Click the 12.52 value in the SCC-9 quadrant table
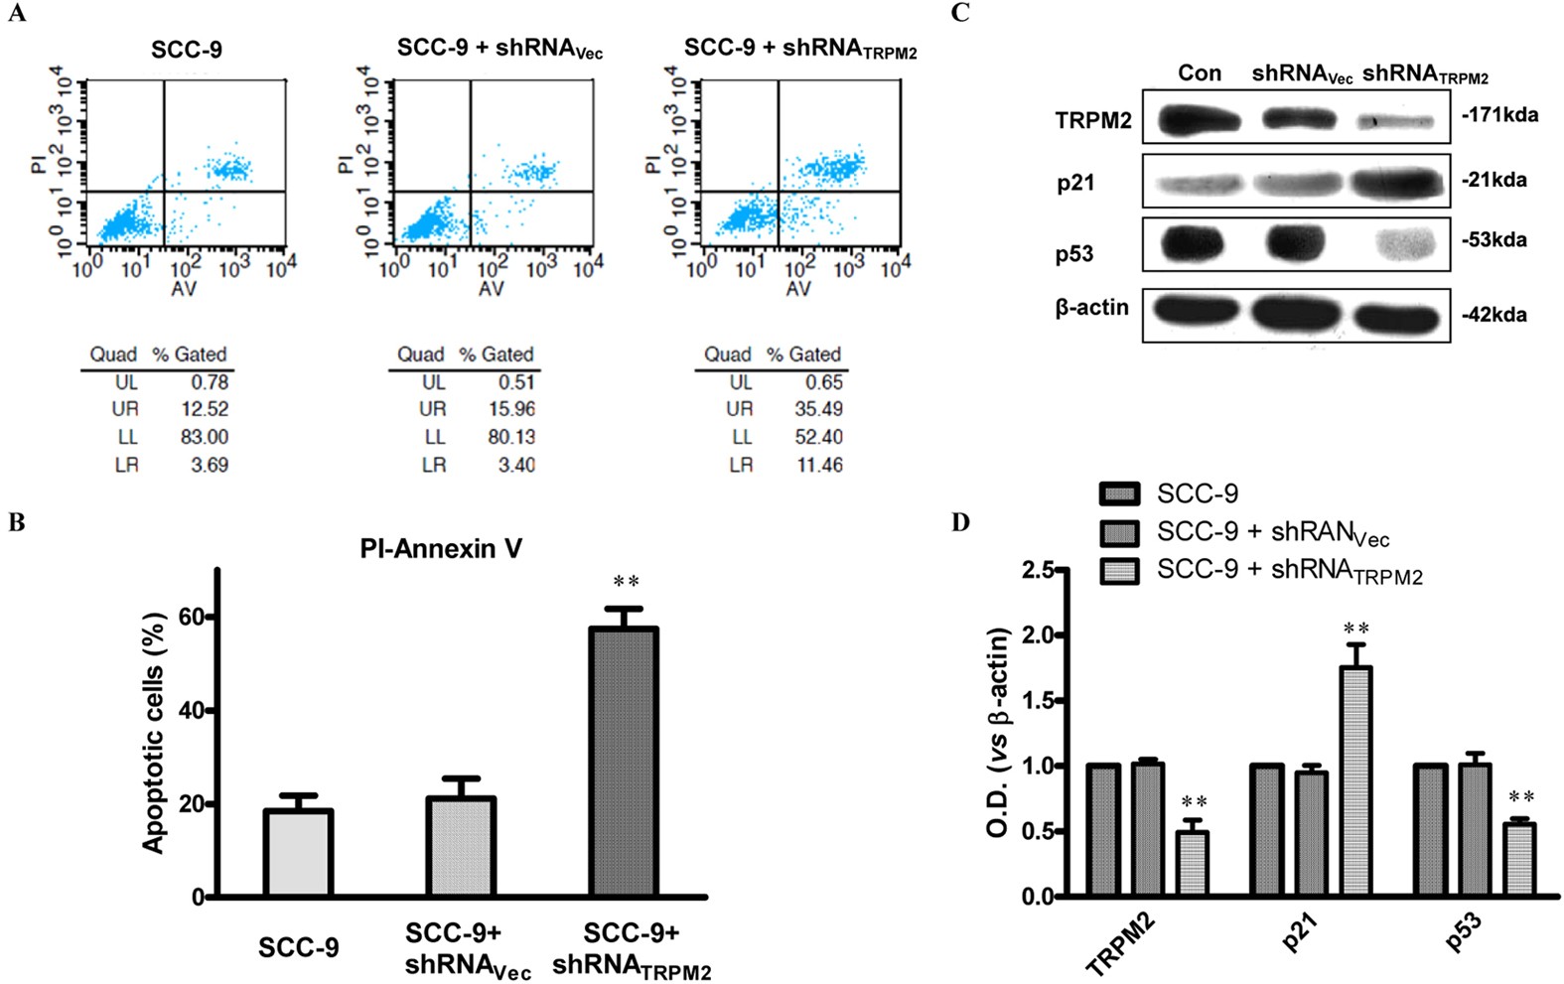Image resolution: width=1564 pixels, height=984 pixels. coord(210,409)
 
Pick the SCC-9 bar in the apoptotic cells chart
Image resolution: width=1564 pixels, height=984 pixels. coord(298,854)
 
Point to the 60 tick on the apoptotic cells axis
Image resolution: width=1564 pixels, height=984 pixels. coord(191,617)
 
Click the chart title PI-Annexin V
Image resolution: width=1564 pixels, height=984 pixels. coord(440,549)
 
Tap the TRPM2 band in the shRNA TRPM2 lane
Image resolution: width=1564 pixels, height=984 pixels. coord(1396,122)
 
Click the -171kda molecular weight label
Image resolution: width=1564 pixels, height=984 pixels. coord(1499,115)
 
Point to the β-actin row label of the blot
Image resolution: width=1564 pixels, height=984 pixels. coord(1091,308)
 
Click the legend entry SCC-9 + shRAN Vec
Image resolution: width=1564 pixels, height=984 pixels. coord(1272,533)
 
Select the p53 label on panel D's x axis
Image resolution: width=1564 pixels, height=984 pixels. coord(1464,932)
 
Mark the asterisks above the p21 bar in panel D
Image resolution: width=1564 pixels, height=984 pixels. coord(1355,629)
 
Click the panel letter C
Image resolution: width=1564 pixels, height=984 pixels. coord(959,13)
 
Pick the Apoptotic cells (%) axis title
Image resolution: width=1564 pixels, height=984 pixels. coord(153,732)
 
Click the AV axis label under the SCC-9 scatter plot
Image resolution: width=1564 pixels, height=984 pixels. coord(184,289)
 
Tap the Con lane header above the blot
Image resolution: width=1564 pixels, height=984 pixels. coord(1199,73)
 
